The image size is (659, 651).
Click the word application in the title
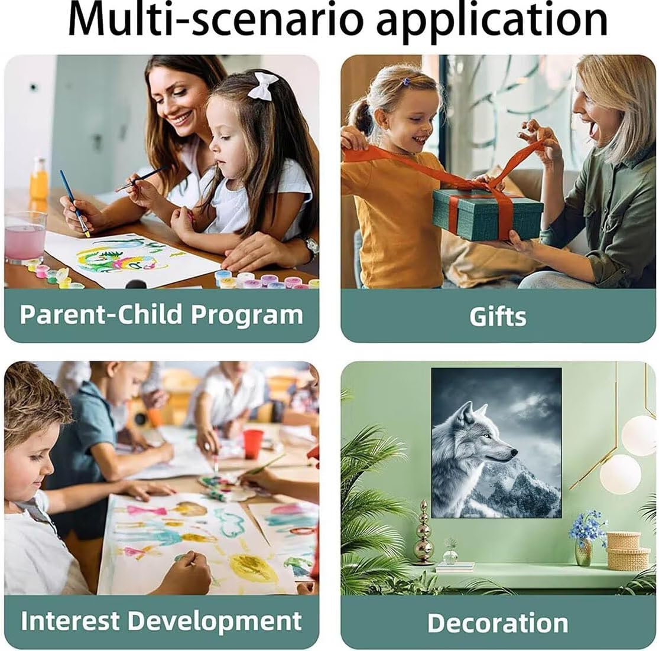(x=492, y=22)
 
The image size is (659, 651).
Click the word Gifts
(x=498, y=317)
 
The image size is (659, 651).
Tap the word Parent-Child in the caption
(x=101, y=314)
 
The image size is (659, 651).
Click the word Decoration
(x=498, y=623)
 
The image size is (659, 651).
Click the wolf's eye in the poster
(x=486, y=436)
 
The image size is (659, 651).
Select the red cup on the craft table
(x=254, y=444)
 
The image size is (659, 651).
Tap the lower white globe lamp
(x=621, y=474)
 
